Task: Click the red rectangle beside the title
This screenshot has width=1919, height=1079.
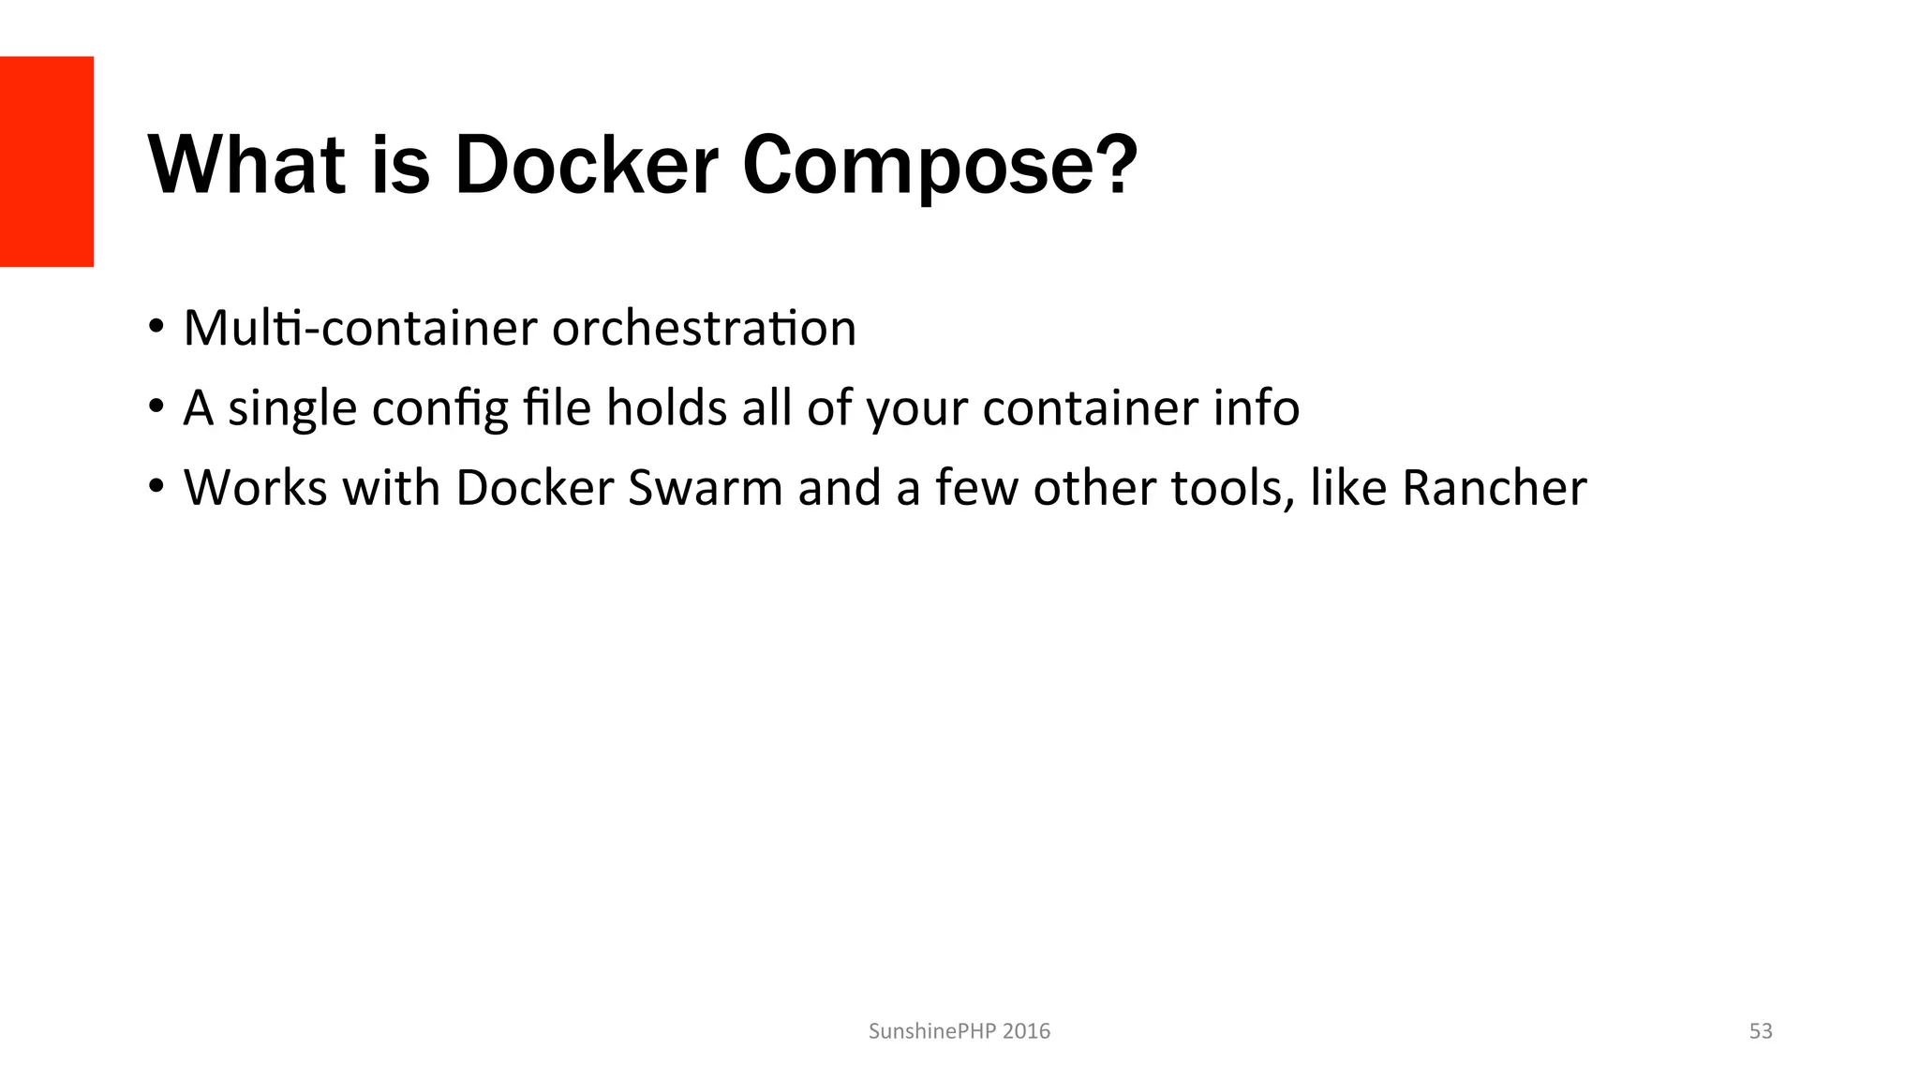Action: pos(47,161)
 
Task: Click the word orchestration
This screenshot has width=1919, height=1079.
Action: pos(704,328)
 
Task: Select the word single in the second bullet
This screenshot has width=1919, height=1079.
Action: pos(292,409)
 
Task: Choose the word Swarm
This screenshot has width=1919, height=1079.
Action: pos(705,488)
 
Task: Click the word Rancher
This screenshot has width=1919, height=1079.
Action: pos(1494,488)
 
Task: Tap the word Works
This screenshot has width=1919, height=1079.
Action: pos(255,488)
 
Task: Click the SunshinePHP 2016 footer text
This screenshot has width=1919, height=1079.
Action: pos(959,1031)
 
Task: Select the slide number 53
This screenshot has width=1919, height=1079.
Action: pos(1761,1031)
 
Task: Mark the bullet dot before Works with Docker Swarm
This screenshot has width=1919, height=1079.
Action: pos(156,486)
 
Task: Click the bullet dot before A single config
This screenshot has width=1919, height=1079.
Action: pos(156,406)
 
